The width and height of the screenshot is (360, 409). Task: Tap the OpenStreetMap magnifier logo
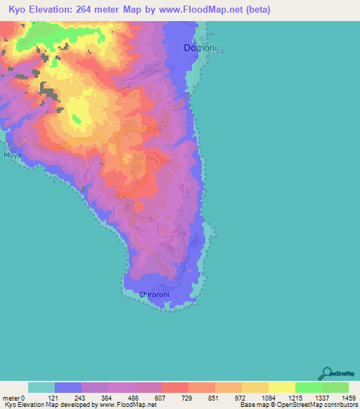click(x=326, y=373)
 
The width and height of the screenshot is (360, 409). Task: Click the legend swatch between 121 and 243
click(x=68, y=387)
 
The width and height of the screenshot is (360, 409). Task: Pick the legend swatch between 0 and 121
click(x=41, y=387)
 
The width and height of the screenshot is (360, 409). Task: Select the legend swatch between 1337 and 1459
click(x=335, y=387)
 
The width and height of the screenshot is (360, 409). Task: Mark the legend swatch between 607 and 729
click(x=175, y=387)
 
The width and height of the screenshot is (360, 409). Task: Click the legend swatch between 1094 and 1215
click(x=282, y=387)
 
